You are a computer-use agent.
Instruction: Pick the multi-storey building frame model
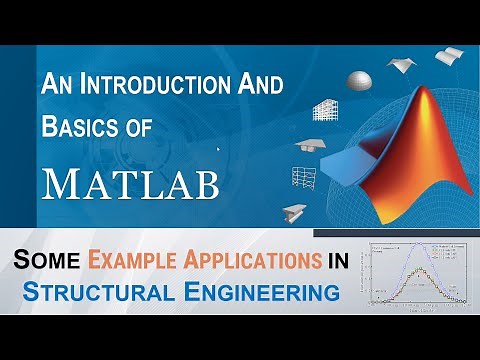point(325,110)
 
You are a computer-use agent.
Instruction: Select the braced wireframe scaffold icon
point(305,177)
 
